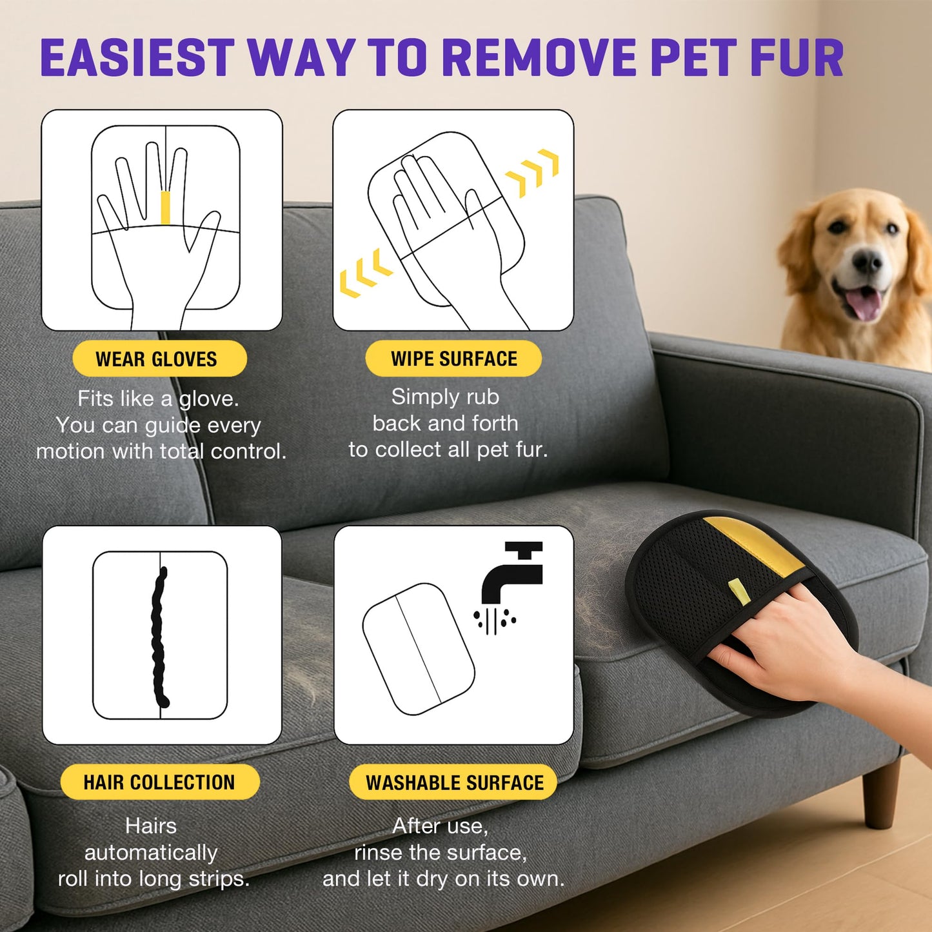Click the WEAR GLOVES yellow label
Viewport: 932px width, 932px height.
click(x=159, y=359)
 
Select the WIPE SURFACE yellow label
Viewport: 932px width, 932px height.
click(x=453, y=359)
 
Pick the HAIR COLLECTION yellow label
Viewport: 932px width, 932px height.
click(x=159, y=782)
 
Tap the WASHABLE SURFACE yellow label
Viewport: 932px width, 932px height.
click(x=453, y=782)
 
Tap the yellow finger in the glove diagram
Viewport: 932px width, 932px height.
click(x=165, y=207)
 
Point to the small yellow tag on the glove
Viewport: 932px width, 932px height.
click(x=739, y=591)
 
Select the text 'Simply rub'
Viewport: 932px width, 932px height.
click(x=445, y=397)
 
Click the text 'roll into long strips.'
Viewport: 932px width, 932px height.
click(x=154, y=878)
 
